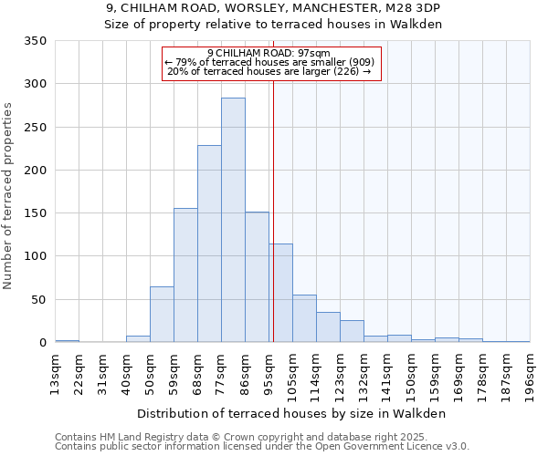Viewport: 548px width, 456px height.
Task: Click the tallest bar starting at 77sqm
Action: click(233, 220)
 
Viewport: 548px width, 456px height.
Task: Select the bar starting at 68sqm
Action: click(209, 244)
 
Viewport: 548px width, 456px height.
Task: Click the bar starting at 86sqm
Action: click(257, 277)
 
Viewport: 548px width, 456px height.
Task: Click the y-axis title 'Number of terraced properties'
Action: click(8, 195)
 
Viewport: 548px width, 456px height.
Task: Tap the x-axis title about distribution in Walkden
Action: click(291, 413)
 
